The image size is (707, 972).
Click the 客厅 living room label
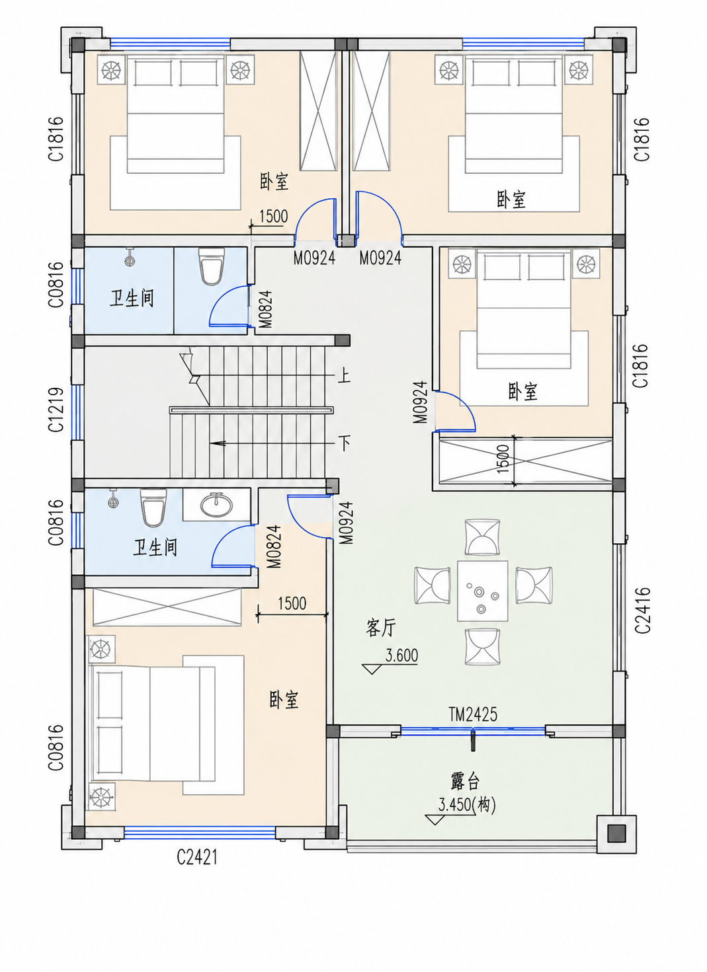pyautogui.click(x=380, y=628)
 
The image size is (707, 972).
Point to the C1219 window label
pyautogui.click(x=56, y=410)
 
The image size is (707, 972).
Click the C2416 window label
pyautogui.click(x=642, y=610)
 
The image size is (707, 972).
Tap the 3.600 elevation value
pyautogui.click(x=401, y=655)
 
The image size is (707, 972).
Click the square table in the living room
pyautogui.click(x=483, y=591)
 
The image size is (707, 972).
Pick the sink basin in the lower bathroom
pyautogui.click(x=216, y=504)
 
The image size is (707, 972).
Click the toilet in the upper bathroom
pyautogui.click(x=212, y=266)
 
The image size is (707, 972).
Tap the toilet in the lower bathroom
pyautogui.click(x=153, y=507)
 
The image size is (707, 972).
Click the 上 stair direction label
pyautogui.click(x=344, y=375)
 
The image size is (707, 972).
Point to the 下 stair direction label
pyautogui.click(x=345, y=443)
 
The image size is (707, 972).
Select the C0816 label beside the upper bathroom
pyautogui.click(x=56, y=285)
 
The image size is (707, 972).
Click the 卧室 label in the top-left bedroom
pyautogui.click(x=274, y=181)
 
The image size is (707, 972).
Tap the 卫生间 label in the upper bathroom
pyautogui.click(x=132, y=299)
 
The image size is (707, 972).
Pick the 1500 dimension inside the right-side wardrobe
pyautogui.click(x=503, y=459)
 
